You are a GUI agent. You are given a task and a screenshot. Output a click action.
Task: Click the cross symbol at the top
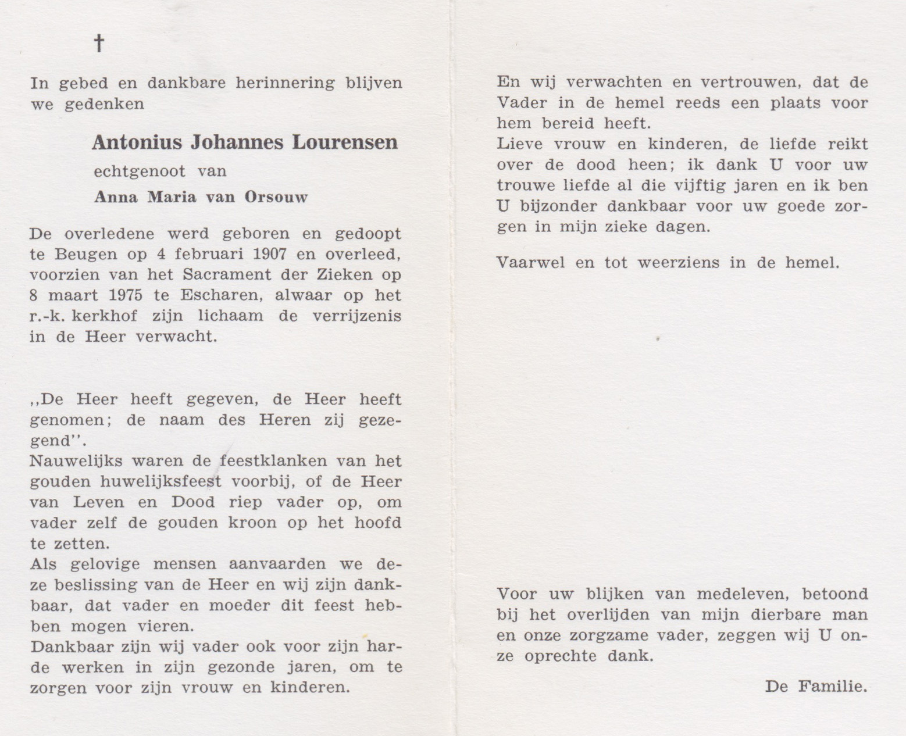(x=99, y=42)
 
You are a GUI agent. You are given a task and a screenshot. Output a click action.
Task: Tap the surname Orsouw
(x=278, y=197)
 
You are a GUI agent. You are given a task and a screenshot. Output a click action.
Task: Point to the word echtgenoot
(x=140, y=172)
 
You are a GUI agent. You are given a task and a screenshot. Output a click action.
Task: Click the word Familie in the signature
(x=833, y=687)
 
